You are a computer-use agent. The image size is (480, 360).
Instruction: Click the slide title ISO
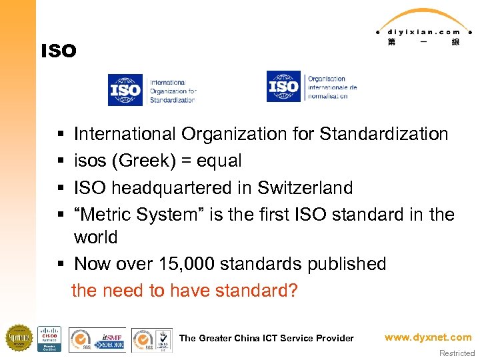tap(59, 51)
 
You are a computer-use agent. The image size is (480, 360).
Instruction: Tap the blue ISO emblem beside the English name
tap(125, 89)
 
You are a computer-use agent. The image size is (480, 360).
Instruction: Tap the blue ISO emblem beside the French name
tap(283, 87)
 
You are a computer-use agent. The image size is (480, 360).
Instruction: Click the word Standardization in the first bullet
tap(384, 135)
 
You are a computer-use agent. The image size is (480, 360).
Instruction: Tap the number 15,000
tap(188, 264)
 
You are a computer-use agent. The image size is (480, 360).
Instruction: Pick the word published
tap(347, 264)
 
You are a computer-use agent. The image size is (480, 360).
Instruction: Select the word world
tap(96, 237)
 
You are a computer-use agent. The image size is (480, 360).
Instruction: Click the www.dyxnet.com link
tap(428, 337)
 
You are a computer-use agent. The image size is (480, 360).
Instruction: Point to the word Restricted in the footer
tap(457, 353)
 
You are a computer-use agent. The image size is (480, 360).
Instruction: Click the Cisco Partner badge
tap(49, 339)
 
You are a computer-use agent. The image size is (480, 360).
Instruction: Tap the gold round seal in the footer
tap(19, 337)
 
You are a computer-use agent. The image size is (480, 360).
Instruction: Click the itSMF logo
tap(109, 339)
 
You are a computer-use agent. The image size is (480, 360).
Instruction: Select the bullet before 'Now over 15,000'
tap(61, 265)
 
